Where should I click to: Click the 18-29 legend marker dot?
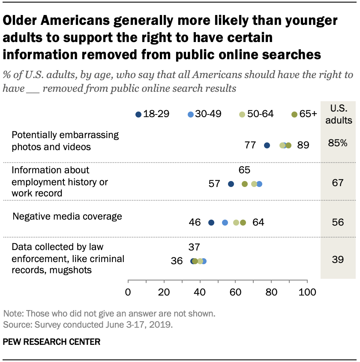tap(138, 114)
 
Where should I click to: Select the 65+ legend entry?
tap(304, 114)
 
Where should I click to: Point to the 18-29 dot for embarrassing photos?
tap(267, 145)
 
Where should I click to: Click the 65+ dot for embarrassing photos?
tap(288, 145)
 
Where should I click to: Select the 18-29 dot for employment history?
tap(231, 184)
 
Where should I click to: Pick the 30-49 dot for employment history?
tap(259, 184)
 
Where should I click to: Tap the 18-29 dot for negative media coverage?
tap(211, 223)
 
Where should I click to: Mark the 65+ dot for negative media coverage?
tap(243, 223)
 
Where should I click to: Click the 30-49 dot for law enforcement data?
tap(204, 261)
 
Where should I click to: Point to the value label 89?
tap(303, 145)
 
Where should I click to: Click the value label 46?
tap(195, 223)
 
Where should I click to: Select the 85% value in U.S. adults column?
tap(337, 144)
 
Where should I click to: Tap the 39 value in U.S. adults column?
tap(337, 259)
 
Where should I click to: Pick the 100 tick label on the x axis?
tap(306, 293)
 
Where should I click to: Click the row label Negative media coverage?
tap(67, 217)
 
